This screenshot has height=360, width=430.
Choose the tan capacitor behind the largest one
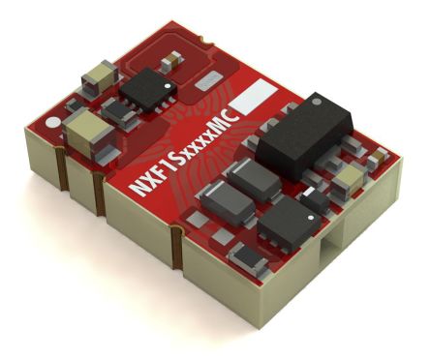[x=96, y=74]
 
